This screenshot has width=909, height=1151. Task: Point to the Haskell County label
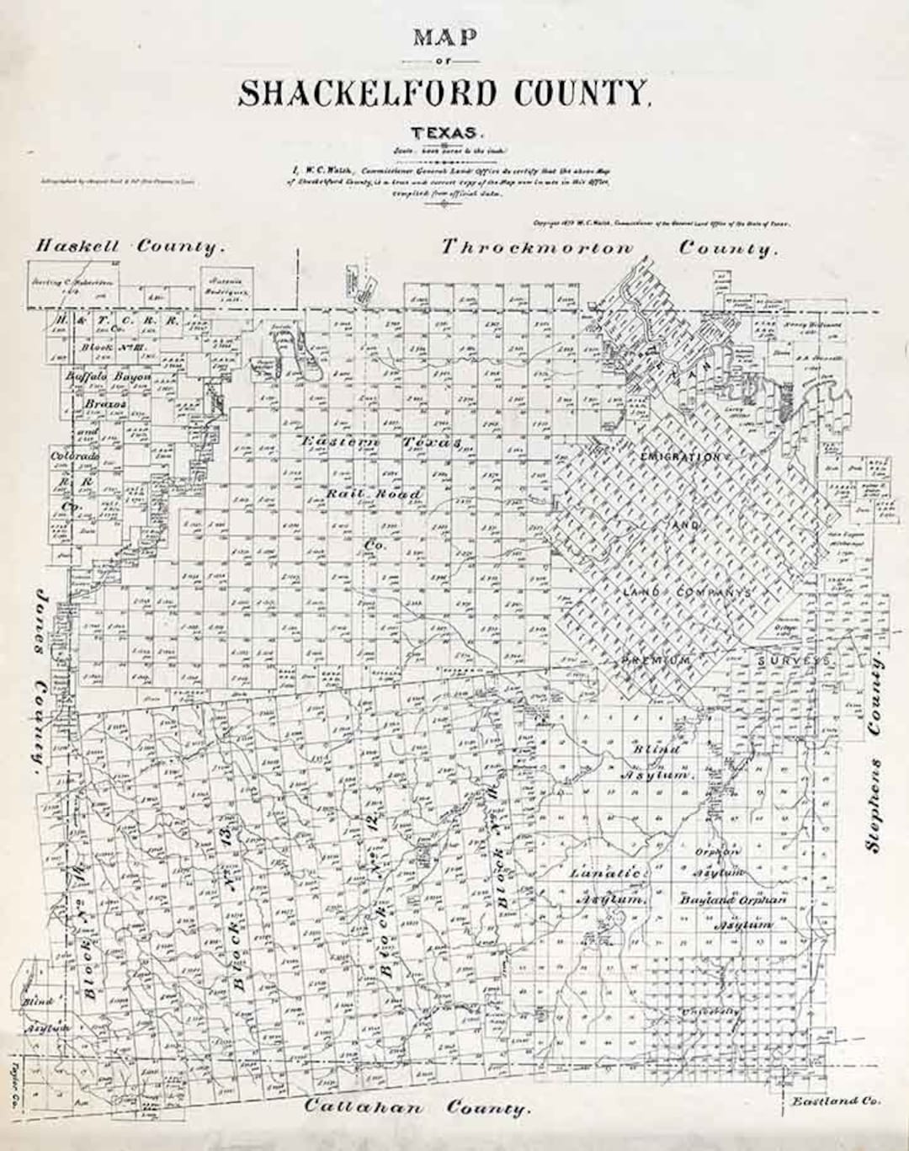tap(130, 247)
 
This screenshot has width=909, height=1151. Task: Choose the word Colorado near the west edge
tap(75, 456)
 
